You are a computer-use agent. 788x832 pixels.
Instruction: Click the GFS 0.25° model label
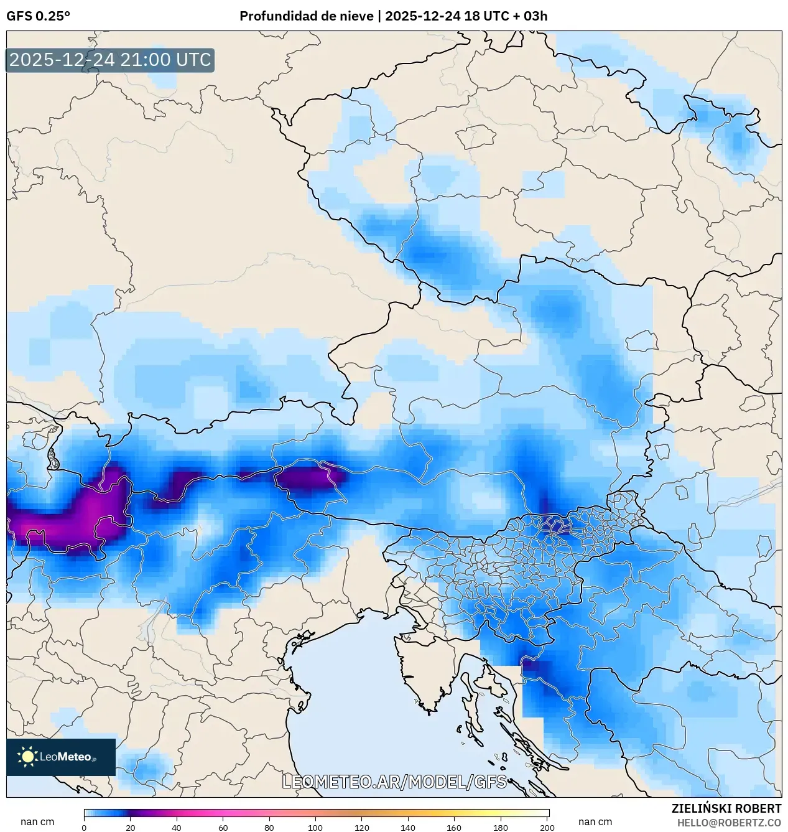(x=38, y=16)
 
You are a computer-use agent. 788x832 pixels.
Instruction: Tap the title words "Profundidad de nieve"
(x=306, y=16)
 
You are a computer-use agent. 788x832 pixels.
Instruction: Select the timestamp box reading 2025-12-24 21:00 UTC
(x=110, y=60)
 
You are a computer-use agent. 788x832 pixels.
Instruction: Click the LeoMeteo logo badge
(x=61, y=757)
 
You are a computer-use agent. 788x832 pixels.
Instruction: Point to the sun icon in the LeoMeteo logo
(x=27, y=757)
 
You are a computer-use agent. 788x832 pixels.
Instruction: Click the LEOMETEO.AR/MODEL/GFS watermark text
(x=394, y=782)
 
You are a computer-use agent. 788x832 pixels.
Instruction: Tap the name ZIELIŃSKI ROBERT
(x=726, y=808)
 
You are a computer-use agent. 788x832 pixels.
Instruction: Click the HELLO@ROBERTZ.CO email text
(x=729, y=823)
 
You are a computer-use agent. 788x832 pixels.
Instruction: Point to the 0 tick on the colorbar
(x=84, y=827)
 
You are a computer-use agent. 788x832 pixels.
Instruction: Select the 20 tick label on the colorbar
(x=130, y=827)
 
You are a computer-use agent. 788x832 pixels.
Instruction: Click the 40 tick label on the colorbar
(x=177, y=827)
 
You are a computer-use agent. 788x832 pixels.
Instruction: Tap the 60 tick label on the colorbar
(x=223, y=827)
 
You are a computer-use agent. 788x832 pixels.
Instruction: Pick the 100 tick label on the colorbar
(x=315, y=827)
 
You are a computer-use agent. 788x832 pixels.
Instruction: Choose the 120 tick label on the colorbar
(x=361, y=827)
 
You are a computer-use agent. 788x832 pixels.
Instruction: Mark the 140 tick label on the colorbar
(x=408, y=827)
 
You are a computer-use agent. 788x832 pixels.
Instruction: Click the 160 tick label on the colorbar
(x=454, y=827)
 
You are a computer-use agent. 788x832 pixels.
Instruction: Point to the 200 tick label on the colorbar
(x=547, y=827)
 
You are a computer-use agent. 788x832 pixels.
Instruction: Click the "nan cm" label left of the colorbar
(x=37, y=822)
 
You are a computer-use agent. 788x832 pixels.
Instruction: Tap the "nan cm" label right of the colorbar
(x=595, y=822)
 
